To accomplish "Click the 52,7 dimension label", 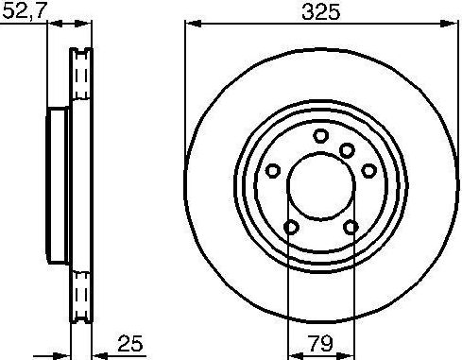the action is [x=25, y=10].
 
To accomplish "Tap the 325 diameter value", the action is [x=320, y=12].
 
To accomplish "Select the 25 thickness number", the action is [x=130, y=343].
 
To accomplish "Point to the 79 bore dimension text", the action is [x=321, y=343].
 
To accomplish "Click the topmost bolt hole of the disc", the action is [x=321, y=136].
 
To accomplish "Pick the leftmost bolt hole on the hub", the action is [x=273, y=171].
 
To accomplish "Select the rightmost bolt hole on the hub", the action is [x=368, y=171].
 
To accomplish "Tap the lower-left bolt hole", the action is [x=291, y=227].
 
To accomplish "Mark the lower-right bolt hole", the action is [x=351, y=227].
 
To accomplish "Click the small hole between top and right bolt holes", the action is [x=347, y=150].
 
